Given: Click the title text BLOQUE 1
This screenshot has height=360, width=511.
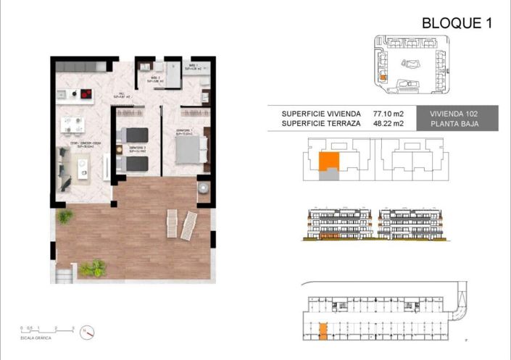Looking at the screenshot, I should [x=457, y=22].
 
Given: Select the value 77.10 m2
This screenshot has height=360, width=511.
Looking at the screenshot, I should [x=389, y=114].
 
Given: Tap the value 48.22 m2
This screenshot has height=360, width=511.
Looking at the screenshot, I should [x=389, y=125].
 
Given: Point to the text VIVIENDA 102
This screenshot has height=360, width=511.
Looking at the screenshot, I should [x=462, y=114].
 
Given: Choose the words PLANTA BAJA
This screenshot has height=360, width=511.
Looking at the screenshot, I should [x=462, y=125].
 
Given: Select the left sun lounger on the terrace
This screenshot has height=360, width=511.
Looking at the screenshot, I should [x=172, y=222].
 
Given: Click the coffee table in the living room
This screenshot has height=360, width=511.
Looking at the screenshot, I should [x=82, y=168].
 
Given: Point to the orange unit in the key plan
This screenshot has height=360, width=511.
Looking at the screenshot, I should [x=328, y=162].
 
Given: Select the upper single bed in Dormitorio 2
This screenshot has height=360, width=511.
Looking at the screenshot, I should [x=134, y=135].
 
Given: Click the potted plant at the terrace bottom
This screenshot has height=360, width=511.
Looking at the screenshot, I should [x=92, y=269].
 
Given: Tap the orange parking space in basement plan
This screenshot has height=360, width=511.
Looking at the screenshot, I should [x=322, y=332].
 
